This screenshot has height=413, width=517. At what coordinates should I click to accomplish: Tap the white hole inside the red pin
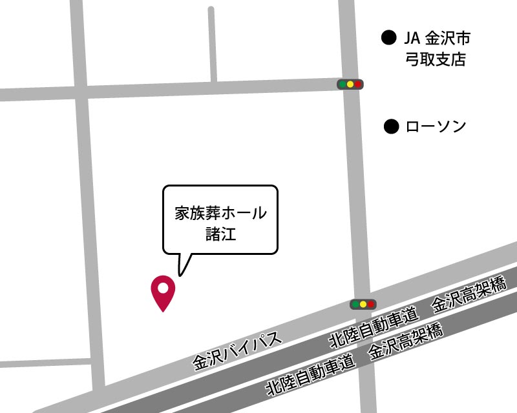[x=163, y=287]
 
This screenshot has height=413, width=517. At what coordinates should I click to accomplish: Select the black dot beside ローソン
[x=391, y=126]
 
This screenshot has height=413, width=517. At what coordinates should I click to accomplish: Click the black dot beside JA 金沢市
[x=388, y=37]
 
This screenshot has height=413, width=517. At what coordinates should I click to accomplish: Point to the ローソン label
[x=435, y=126]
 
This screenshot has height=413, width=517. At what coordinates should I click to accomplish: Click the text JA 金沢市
[x=437, y=38]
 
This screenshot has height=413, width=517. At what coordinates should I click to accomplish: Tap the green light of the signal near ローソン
[x=342, y=84]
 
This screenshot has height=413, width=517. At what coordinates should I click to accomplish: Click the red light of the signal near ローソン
[x=358, y=84]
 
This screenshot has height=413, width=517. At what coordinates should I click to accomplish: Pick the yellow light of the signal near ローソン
[x=350, y=84]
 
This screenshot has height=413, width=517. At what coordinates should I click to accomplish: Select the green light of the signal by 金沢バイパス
[x=355, y=304]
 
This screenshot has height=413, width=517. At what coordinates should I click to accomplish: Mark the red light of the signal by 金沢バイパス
[x=371, y=304]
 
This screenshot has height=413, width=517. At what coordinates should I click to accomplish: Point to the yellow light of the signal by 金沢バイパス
[x=363, y=304]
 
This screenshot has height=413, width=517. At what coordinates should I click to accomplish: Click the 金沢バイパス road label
[x=238, y=351]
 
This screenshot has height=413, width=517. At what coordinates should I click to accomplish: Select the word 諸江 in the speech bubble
[x=220, y=234]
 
